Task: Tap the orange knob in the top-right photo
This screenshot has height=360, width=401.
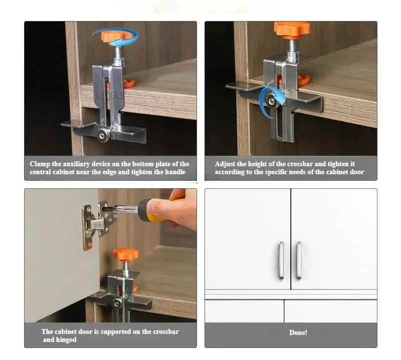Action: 292,29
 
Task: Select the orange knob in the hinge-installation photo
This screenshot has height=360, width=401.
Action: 126,254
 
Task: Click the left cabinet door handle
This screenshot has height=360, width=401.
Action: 281,260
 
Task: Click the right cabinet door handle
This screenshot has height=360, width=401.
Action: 299,260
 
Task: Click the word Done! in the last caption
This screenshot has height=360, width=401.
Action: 298,332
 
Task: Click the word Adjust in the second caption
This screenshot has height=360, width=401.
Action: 225,164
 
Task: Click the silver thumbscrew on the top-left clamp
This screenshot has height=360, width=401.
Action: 103,135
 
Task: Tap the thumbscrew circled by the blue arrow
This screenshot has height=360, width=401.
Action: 271,101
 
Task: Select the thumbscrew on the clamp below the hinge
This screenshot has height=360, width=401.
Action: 117,303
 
